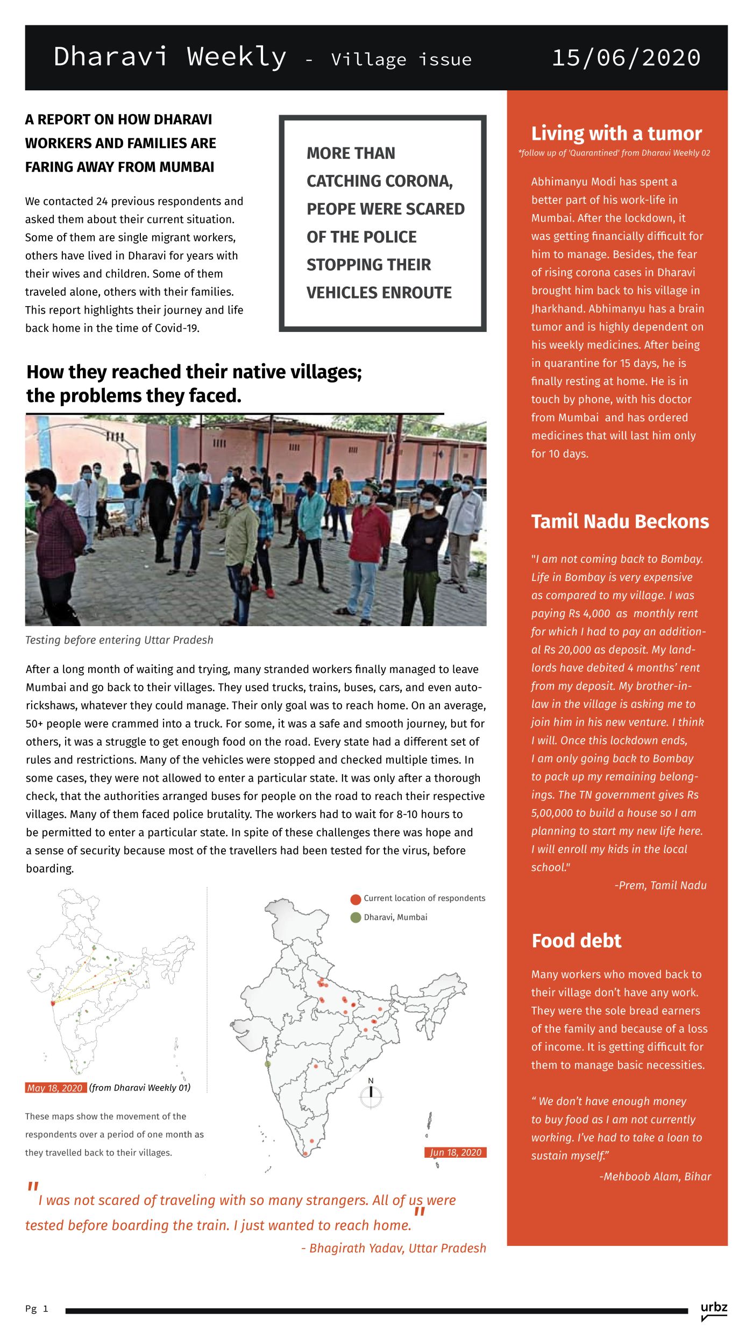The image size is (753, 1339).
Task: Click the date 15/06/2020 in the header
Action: [626, 58]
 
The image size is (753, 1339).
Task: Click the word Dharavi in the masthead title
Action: [111, 56]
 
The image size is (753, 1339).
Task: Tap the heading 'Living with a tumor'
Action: [616, 133]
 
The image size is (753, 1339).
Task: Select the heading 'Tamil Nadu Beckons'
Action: [620, 521]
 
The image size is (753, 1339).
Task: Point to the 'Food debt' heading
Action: [576, 940]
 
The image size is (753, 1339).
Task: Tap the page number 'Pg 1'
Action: [37, 1308]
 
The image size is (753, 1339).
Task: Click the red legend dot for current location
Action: [356, 899]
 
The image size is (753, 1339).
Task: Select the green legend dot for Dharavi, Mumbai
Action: [356, 917]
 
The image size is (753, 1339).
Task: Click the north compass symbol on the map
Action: [371, 1095]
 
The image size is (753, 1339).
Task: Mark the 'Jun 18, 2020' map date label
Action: [455, 1152]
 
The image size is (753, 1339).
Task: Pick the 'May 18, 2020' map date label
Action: [55, 1088]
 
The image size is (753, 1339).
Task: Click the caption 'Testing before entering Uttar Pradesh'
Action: [119, 640]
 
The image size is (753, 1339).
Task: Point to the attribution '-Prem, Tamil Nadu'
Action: [660, 885]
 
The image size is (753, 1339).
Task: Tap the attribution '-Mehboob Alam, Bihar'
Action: [655, 1177]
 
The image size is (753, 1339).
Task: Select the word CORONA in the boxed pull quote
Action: [418, 181]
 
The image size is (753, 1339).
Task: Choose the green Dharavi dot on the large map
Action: [268, 1064]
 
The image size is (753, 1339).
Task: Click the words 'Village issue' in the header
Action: [401, 59]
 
